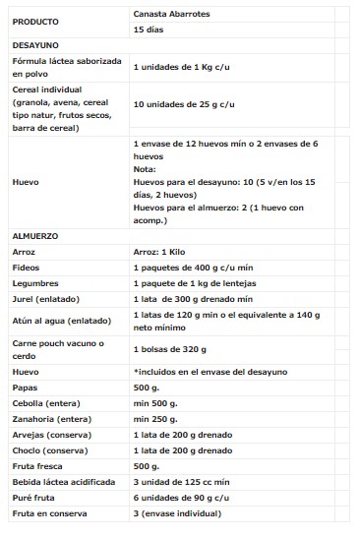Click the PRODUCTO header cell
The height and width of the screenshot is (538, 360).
[35, 21]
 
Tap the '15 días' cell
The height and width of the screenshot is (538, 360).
[149, 30]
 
